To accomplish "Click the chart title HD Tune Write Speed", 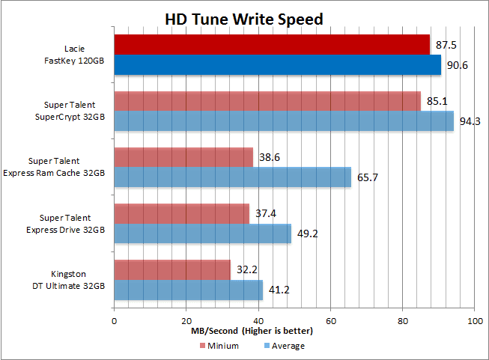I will (244, 19).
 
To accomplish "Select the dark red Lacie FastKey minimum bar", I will (272, 44).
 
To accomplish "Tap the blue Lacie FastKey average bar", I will (277, 65).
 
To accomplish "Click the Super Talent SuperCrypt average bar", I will (284, 121).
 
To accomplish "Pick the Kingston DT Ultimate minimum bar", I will (172, 269).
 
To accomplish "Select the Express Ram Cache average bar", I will (232, 177).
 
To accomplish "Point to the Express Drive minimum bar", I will (181, 213).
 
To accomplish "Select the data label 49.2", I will (308, 234).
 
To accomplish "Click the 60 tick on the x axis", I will (330, 320).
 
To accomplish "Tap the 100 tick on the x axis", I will (473, 320).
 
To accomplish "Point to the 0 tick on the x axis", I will (114, 320).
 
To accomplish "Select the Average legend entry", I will (284, 346).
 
